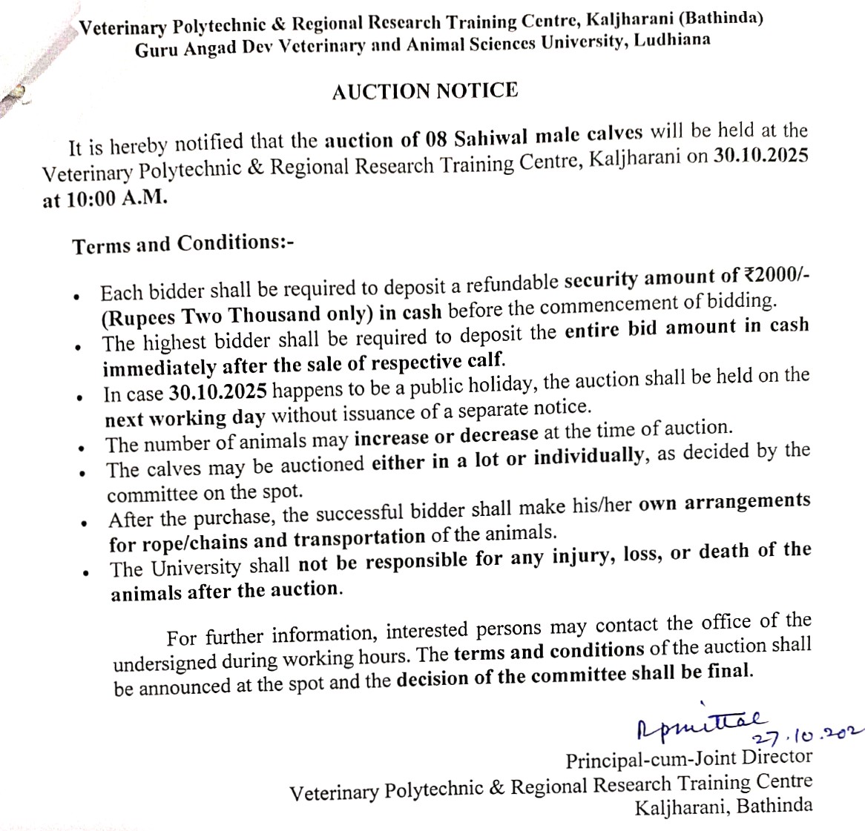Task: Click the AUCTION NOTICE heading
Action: click(425, 92)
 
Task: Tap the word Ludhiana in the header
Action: click(669, 39)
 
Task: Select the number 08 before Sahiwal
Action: click(438, 139)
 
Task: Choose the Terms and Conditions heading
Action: click(183, 244)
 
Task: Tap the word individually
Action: click(588, 457)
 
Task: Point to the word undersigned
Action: click(164, 662)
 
